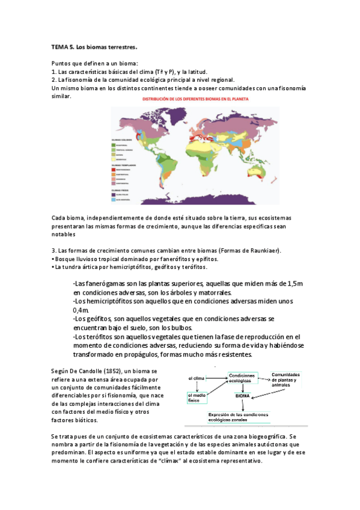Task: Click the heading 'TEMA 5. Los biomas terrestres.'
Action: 95,46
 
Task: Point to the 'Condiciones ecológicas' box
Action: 243,377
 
